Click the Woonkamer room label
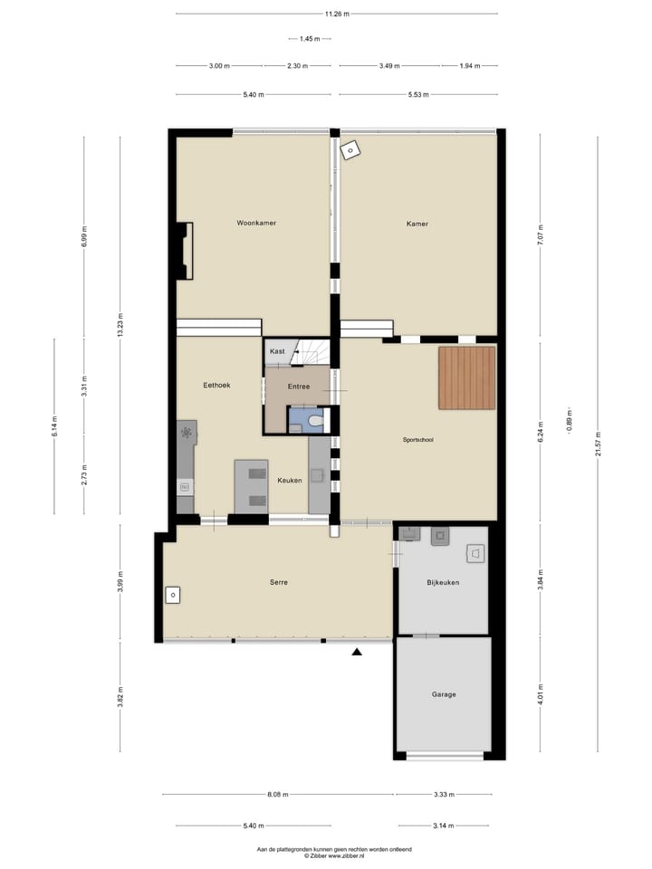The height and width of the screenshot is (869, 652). point(256,223)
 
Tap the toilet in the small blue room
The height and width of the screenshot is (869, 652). point(313,420)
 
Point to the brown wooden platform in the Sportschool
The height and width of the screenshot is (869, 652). point(467,377)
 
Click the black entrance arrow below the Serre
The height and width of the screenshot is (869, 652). point(358,651)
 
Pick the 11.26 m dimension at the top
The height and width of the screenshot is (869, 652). point(337,14)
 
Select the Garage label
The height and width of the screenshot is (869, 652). point(444,694)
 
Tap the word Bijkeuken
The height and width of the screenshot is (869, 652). point(444,582)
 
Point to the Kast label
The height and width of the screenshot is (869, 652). point(277,350)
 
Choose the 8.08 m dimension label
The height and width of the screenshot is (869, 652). point(278,795)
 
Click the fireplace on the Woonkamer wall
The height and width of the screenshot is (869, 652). point(185,251)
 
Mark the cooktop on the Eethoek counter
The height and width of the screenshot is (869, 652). point(187,433)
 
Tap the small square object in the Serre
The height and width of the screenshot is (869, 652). point(173,595)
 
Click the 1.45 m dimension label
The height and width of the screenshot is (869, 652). point(309,39)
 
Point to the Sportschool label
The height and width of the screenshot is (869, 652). point(418,440)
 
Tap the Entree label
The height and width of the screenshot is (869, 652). point(299,387)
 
